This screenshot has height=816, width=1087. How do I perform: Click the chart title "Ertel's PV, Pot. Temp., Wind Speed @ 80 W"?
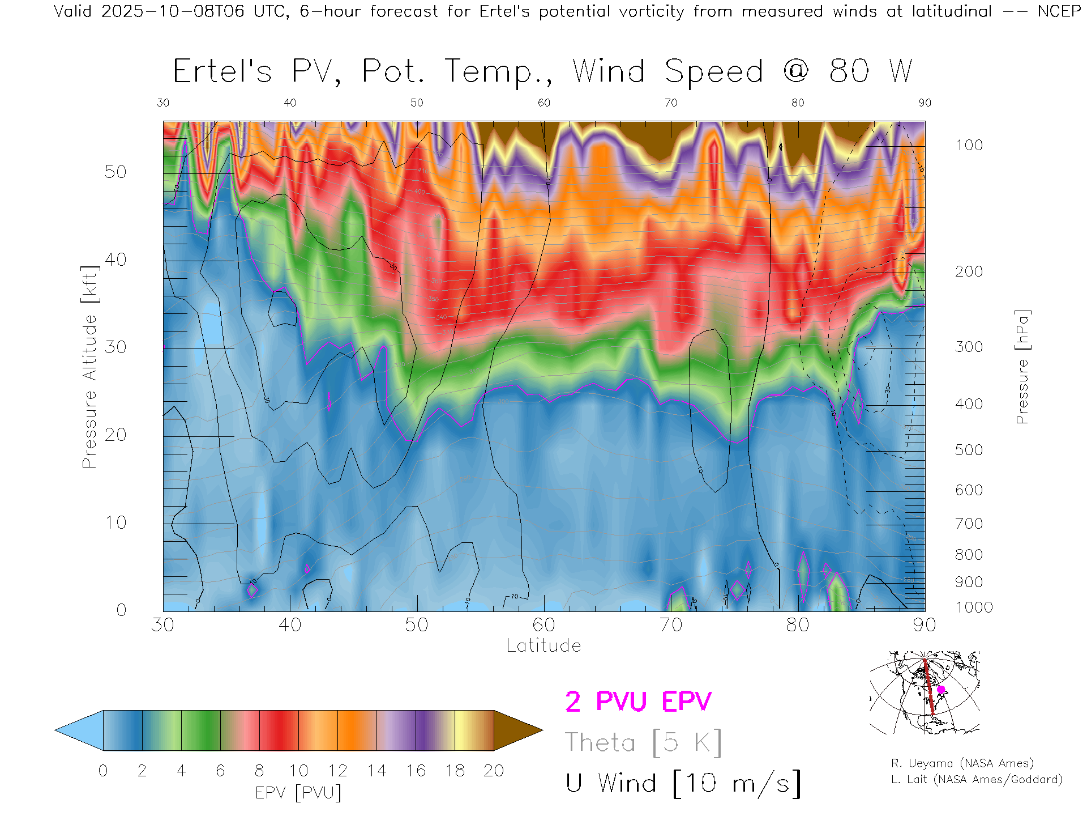coord(542,72)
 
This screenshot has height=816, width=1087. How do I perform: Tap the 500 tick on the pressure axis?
coord(969,450)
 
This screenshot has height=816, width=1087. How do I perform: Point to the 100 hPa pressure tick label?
coord(969,145)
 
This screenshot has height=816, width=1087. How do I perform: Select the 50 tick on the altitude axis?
coord(115,172)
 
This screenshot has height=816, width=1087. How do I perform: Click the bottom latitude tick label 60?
coord(543,625)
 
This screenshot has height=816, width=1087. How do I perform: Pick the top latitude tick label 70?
coord(671,103)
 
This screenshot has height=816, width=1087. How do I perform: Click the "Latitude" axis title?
coord(543,645)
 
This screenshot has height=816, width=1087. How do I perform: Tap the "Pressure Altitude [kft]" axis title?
coord(89,367)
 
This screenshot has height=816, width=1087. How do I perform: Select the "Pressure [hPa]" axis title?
coord(1022,367)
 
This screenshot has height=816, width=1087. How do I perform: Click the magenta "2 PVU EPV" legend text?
coord(638,702)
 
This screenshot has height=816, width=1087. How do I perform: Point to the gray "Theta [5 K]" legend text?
coord(643,742)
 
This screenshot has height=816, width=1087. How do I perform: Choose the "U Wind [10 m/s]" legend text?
coord(683,784)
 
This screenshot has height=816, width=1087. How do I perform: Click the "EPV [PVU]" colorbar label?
coord(298,793)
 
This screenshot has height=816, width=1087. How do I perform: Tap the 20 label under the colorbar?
coord(494,771)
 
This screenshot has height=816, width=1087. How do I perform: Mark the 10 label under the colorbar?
coord(298,771)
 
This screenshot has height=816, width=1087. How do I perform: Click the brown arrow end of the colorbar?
coord(516,730)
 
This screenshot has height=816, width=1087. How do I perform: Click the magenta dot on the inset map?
coord(941,690)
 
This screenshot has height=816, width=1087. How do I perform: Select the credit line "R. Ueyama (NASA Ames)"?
coord(962,763)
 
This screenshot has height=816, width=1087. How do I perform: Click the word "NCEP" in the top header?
coord(1059,11)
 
